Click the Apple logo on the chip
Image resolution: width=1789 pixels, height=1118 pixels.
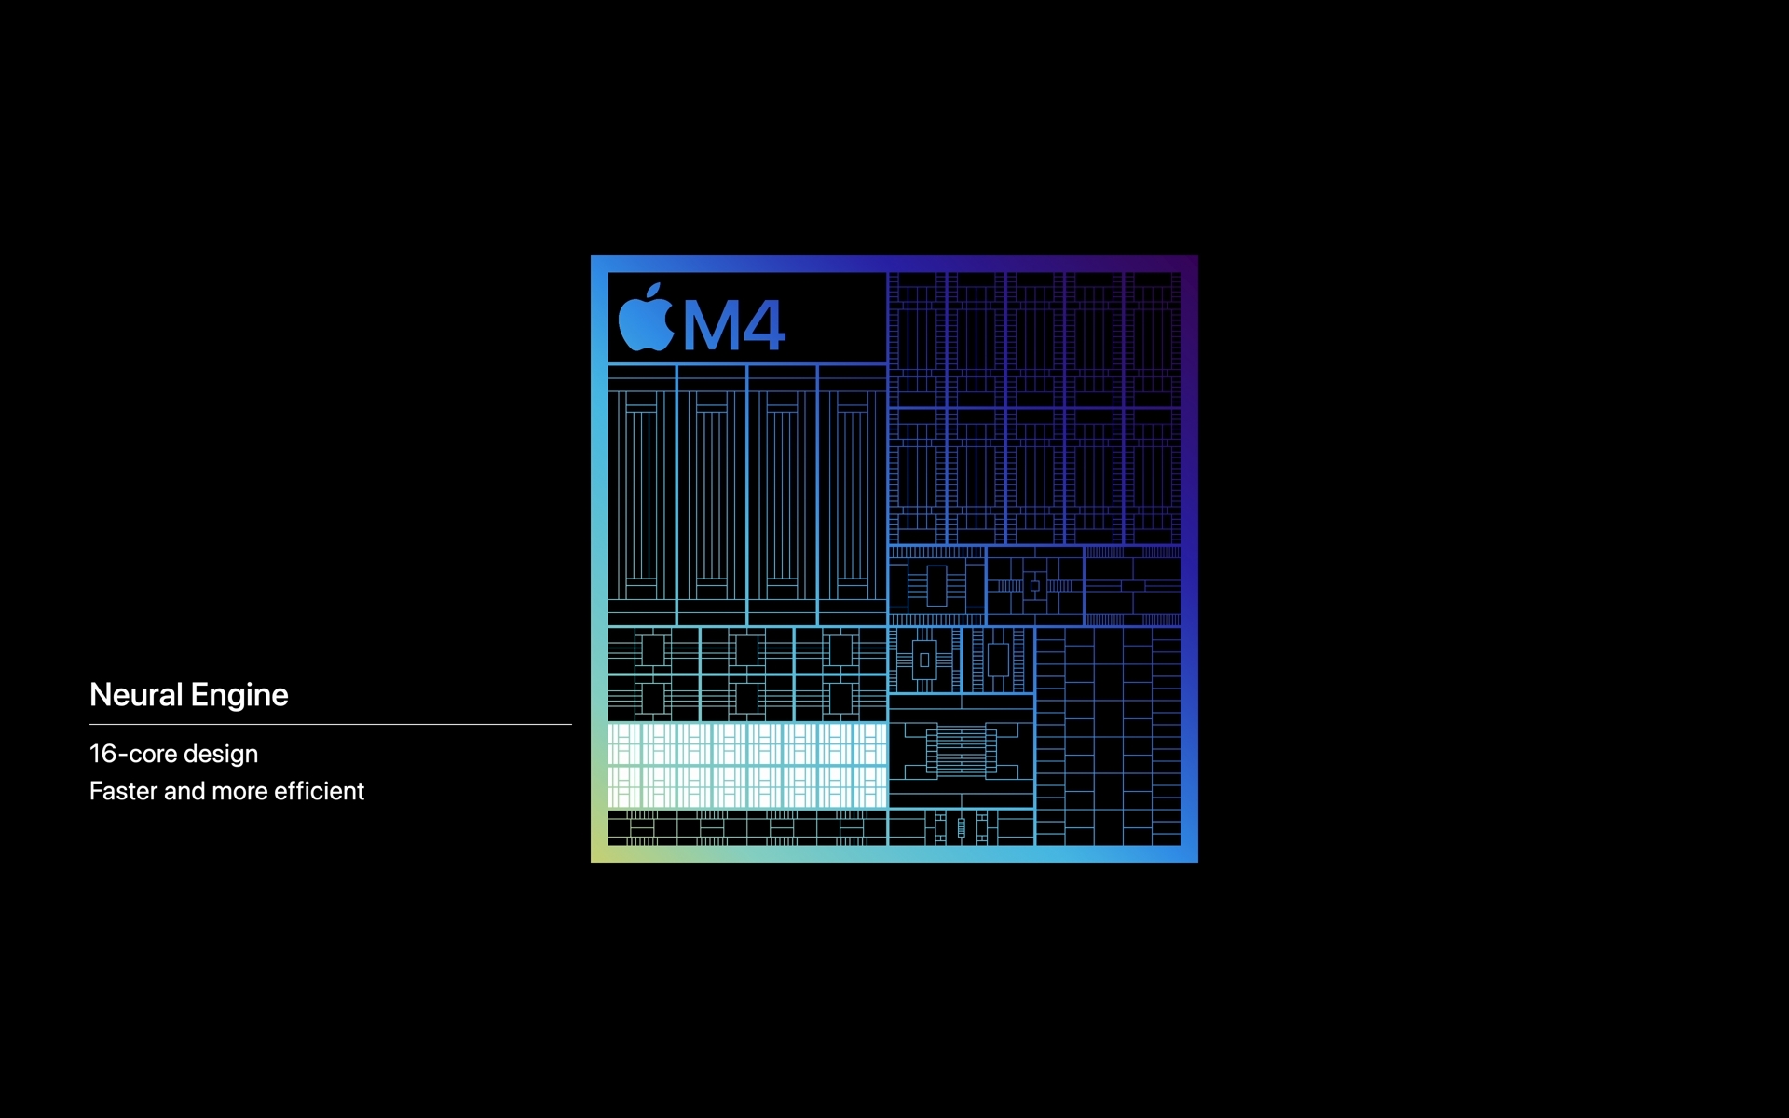(x=647, y=320)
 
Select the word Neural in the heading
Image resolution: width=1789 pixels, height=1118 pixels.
(x=136, y=694)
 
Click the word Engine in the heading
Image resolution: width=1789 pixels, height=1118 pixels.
(x=239, y=696)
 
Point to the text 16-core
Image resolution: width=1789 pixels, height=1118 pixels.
(x=133, y=754)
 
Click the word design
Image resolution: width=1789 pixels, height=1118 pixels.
(x=221, y=755)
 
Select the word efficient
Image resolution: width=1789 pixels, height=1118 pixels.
(x=319, y=791)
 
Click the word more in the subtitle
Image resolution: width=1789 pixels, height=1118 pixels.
(x=239, y=792)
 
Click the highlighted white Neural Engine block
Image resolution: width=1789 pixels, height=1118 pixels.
(x=747, y=765)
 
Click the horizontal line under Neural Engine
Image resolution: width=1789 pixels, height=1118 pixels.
(x=331, y=724)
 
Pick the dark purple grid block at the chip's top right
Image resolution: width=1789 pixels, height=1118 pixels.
(x=1034, y=408)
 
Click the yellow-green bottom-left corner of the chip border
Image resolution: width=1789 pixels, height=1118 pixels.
(x=598, y=855)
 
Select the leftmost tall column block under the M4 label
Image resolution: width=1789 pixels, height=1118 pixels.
(x=642, y=495)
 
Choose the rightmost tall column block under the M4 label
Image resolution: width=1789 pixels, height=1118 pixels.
(x=853, y=495)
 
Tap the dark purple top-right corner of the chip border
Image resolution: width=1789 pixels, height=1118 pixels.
(x=1191, y=263)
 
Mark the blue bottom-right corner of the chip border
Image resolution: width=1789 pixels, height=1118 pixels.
(x=1191, y=855)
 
